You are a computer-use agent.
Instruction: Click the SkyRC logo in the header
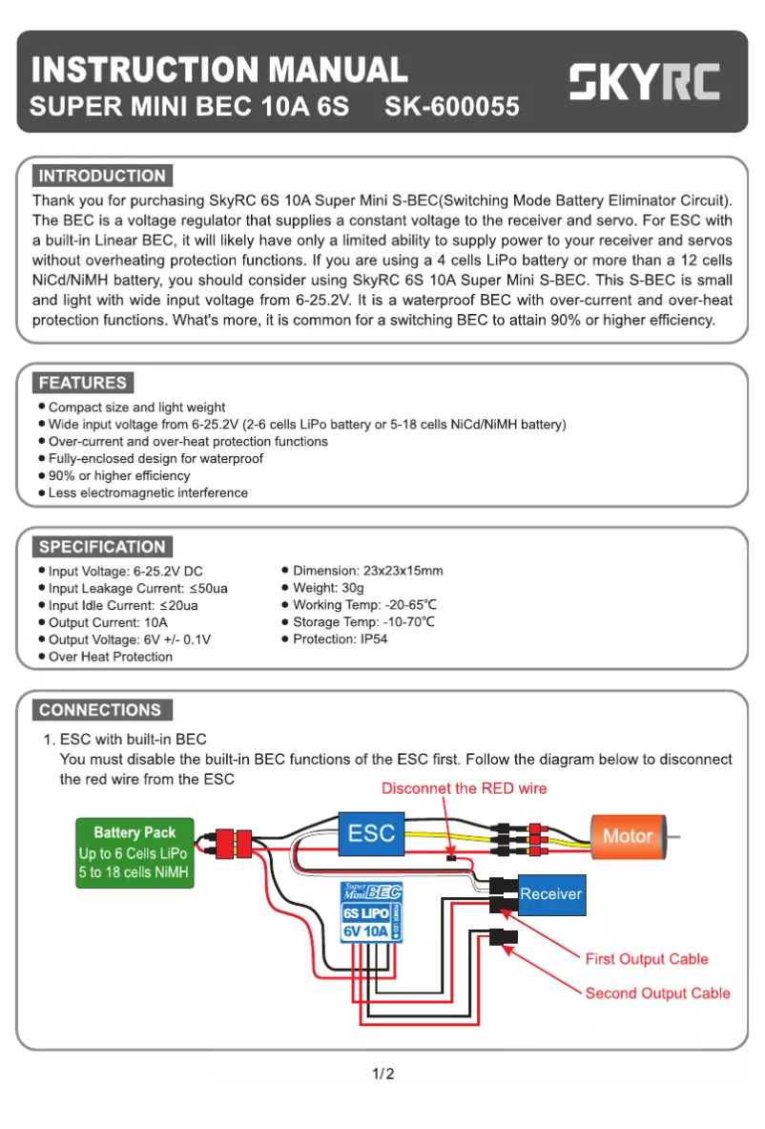645,83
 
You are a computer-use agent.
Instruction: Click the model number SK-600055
451,107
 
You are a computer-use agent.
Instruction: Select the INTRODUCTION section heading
102,176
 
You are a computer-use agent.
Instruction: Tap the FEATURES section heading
83,383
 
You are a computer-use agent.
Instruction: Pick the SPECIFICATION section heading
102,547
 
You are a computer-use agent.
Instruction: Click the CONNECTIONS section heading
100,710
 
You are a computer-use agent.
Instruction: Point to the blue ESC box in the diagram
371,833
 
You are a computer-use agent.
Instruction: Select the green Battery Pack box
134,852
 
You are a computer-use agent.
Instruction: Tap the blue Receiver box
550,894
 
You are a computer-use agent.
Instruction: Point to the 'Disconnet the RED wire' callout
465,788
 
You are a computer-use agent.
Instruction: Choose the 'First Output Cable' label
646,958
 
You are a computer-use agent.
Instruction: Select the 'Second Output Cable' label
657,993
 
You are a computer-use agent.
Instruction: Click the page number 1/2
382,1074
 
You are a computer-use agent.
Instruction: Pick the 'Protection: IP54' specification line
340,639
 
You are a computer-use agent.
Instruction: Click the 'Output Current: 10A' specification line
108,622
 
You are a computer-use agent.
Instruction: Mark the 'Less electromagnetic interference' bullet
148,493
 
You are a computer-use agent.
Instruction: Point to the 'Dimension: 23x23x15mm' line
367,571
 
